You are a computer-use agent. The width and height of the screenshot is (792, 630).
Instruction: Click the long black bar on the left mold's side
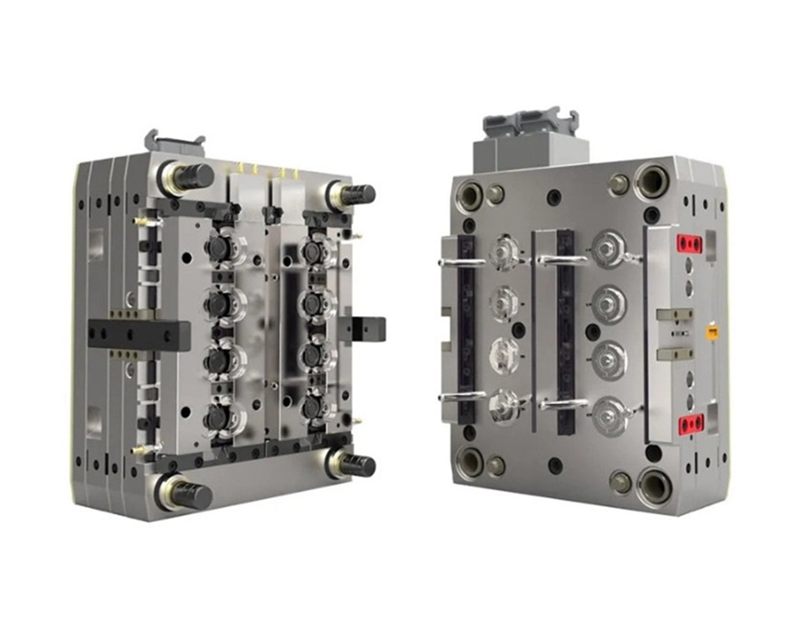tap(139, 334)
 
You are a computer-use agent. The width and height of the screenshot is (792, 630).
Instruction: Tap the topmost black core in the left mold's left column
tap(218, 248)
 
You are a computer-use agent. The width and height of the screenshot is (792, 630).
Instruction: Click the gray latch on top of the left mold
tap(174, 144)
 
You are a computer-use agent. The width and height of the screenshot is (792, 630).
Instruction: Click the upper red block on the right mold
tap(691, 242)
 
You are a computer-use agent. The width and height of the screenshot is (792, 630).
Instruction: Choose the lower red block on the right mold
tap(691, 421)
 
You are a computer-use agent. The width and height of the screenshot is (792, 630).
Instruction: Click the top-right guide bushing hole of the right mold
tap(652, 181)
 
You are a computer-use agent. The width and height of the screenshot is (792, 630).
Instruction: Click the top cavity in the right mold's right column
tap(608, 245)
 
